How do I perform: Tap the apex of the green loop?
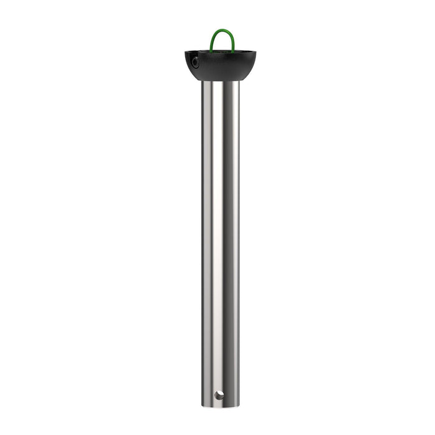[x=222, y=30]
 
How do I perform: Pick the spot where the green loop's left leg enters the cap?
[x=211, y=50]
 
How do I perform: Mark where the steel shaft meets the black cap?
[x=221, y=81]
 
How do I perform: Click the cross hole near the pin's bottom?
[x=218, y=395]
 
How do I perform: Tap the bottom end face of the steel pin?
[x=220, y=408]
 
